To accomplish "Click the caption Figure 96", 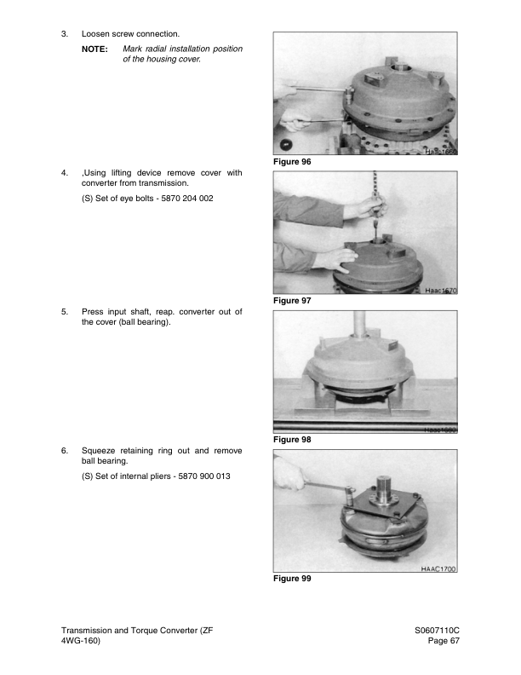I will [292, 161].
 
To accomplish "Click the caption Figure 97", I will [292, 301].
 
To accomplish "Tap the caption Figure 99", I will [292, 579].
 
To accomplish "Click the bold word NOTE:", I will [94, 49].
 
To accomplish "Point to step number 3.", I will [65, 33].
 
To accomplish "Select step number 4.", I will [65, 173].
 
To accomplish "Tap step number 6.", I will [65, 450].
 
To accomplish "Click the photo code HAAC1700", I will [439, 568].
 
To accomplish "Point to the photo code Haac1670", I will [441, 291].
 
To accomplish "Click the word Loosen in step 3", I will [97, 33].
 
